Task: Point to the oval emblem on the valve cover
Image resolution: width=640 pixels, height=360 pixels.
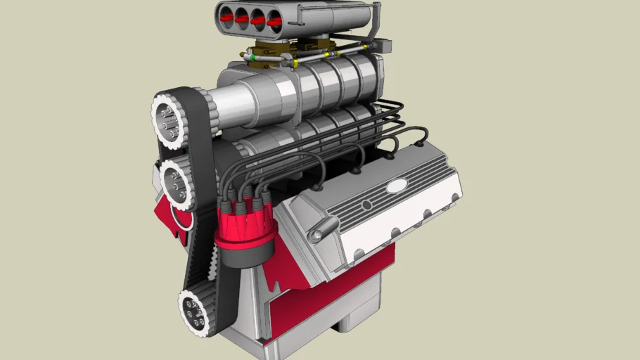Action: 397,187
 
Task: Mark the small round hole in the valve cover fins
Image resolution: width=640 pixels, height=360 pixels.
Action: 366,205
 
